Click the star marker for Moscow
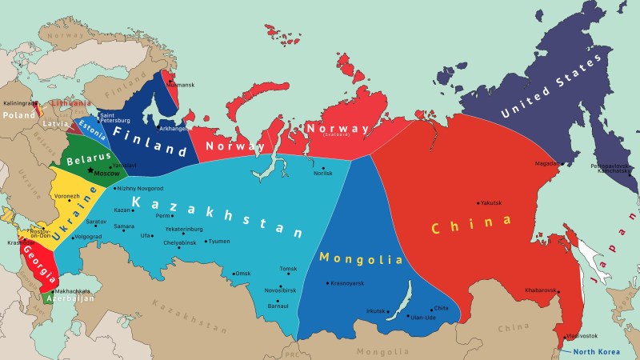point(90,171)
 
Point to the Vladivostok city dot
point(562,335)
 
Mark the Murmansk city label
point(182,85)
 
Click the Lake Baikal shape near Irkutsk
point(398,306)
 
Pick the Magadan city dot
point(562,164)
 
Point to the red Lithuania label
point(70,103)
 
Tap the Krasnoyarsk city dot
point(328,283)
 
